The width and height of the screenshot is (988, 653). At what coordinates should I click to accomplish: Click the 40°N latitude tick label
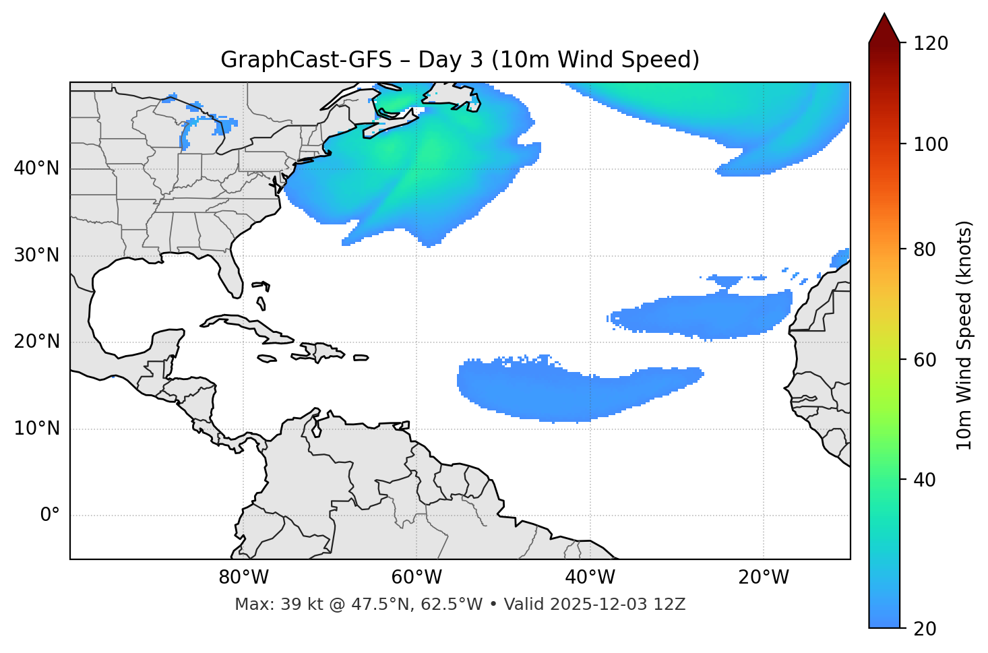pyautogui.click(x=36, y=168)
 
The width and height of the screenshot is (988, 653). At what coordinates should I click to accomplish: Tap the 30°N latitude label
pyautogui.click(x=36, y=255)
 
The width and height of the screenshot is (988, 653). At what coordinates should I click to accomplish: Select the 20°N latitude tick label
pyautogui.click(x=36, y=342)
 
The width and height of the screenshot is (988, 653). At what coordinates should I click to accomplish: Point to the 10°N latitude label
pyautogui.click(x=36, y=429)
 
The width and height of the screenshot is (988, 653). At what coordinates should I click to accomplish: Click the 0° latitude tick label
pyautogui.click(x=49, y=516)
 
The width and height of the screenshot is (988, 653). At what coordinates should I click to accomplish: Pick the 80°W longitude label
pyautogui.click(x=243, y=578)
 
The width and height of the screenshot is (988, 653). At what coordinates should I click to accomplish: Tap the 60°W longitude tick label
pyautogui.click(x=416, y=578)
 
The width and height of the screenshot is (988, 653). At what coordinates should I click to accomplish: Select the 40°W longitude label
pyautogui.click(x=590, y=578)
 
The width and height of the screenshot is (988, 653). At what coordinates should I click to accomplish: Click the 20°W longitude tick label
pyautogui.click(x=763, y=578)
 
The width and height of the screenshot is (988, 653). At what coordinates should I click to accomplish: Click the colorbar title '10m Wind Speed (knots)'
pyautogui.click(x=964, y=335)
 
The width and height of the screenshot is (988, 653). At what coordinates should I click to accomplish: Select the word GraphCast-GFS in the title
pyautogui.click(x=306, y=60)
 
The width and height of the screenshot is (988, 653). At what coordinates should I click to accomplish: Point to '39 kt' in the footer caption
pyautogui.click(x=296, y=604)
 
